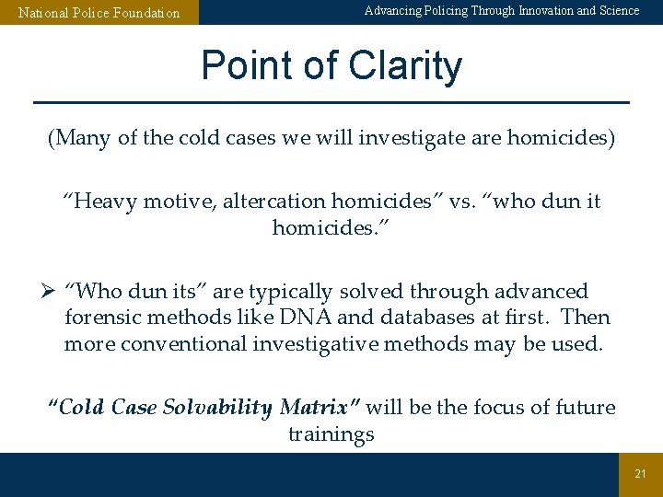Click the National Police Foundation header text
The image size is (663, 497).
(x=99, y=13)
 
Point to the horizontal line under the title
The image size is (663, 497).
(x=331, y=101)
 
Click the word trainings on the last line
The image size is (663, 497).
(x=331, y=433)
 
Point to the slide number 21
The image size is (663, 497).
(x=640, y=474)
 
